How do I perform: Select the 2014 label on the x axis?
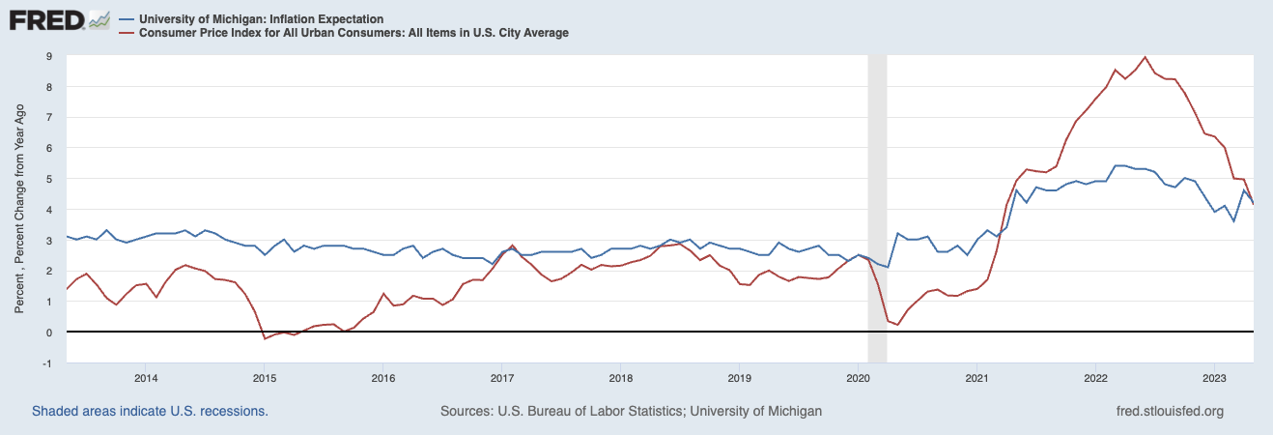pos(146,377)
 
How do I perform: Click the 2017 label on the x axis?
pos(502,377)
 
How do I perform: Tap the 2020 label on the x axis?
pos(859,377)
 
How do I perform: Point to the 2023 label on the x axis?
pos(1214,377)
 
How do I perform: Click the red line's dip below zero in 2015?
pos(265,338)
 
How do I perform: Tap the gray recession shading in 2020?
pos(877,193)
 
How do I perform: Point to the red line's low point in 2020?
pos(897,324)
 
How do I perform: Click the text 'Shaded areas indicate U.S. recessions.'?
pos(150,411)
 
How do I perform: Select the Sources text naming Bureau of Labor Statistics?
pos(631,411)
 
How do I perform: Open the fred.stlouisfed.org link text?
pos(1169,411)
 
